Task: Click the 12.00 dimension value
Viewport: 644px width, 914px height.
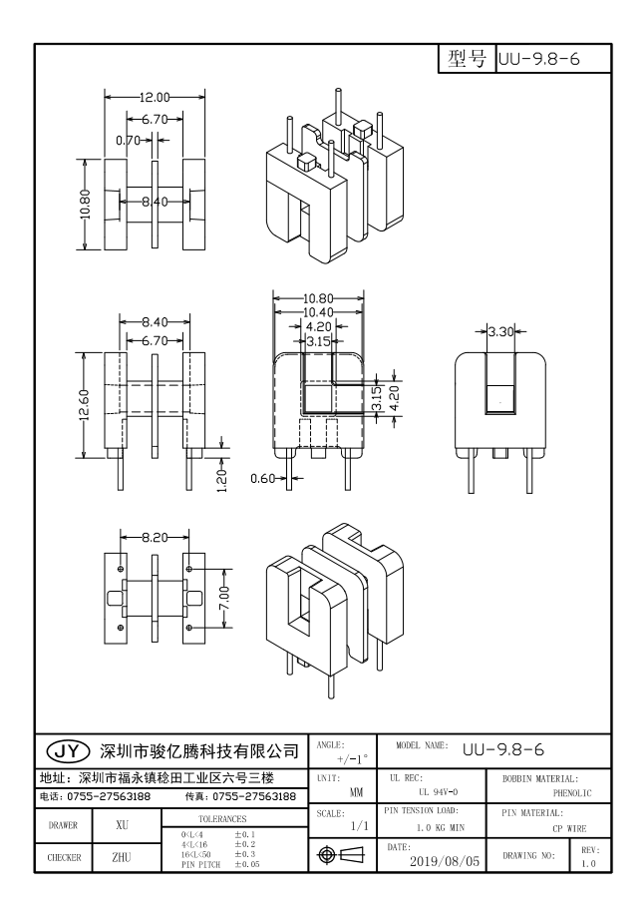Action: (x=156, y=97)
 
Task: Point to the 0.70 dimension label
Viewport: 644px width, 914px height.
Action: (x=129, y=141)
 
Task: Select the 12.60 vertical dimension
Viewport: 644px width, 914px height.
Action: (x=86, y=404)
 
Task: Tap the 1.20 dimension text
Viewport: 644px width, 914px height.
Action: (x=222, y=478)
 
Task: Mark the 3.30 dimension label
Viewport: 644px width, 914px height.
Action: (x=500, y=329)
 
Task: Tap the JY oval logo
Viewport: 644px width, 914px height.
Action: (x=67, y=749)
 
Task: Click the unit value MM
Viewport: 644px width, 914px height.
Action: (x=356, y=792)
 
